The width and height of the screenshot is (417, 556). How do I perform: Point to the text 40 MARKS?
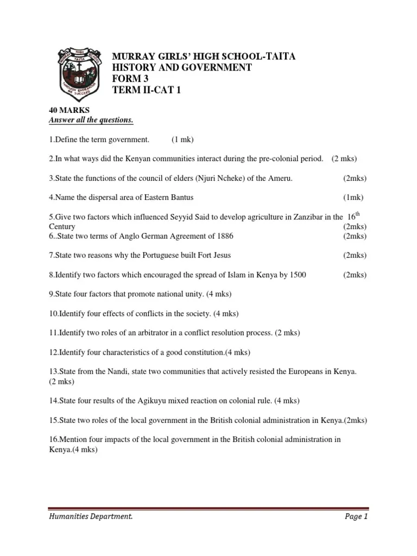point(65,110)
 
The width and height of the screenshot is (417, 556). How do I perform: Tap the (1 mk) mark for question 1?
point(182,140)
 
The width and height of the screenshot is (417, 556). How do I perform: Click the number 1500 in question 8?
point(297,275)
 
